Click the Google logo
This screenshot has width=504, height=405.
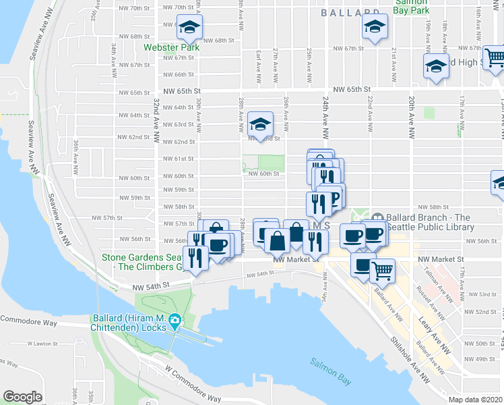pos(23,397)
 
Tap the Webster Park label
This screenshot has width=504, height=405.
pos(171,49)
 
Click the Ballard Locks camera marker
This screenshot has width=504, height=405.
pos(175,320)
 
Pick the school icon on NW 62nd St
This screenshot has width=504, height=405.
pos(259,124)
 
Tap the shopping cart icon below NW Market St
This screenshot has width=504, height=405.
pos(382,270)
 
